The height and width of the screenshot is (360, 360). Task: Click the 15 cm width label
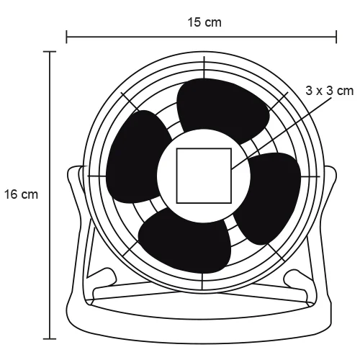click(203, 23)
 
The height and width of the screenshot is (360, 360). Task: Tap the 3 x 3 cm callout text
click(330, 90)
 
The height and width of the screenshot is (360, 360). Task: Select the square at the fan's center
click(204, 175)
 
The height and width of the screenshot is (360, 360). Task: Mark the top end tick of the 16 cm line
click(49, 52)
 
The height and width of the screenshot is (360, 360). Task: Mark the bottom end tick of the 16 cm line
click(49, 338)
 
